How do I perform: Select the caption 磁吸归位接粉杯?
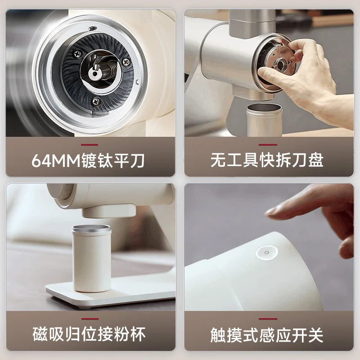coord(89,335)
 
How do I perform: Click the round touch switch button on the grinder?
coord(265,254)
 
